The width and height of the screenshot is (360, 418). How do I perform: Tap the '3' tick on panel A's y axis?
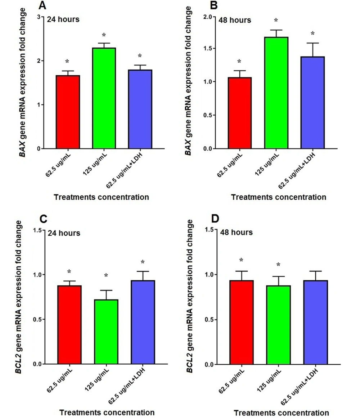39,17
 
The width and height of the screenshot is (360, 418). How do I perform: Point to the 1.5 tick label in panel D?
208,230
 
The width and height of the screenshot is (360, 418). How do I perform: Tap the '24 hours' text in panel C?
64,233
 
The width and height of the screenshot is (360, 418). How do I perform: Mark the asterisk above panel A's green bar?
104,35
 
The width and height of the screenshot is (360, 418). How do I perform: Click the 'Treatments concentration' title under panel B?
279,197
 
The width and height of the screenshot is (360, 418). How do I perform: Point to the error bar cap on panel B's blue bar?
312,43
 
